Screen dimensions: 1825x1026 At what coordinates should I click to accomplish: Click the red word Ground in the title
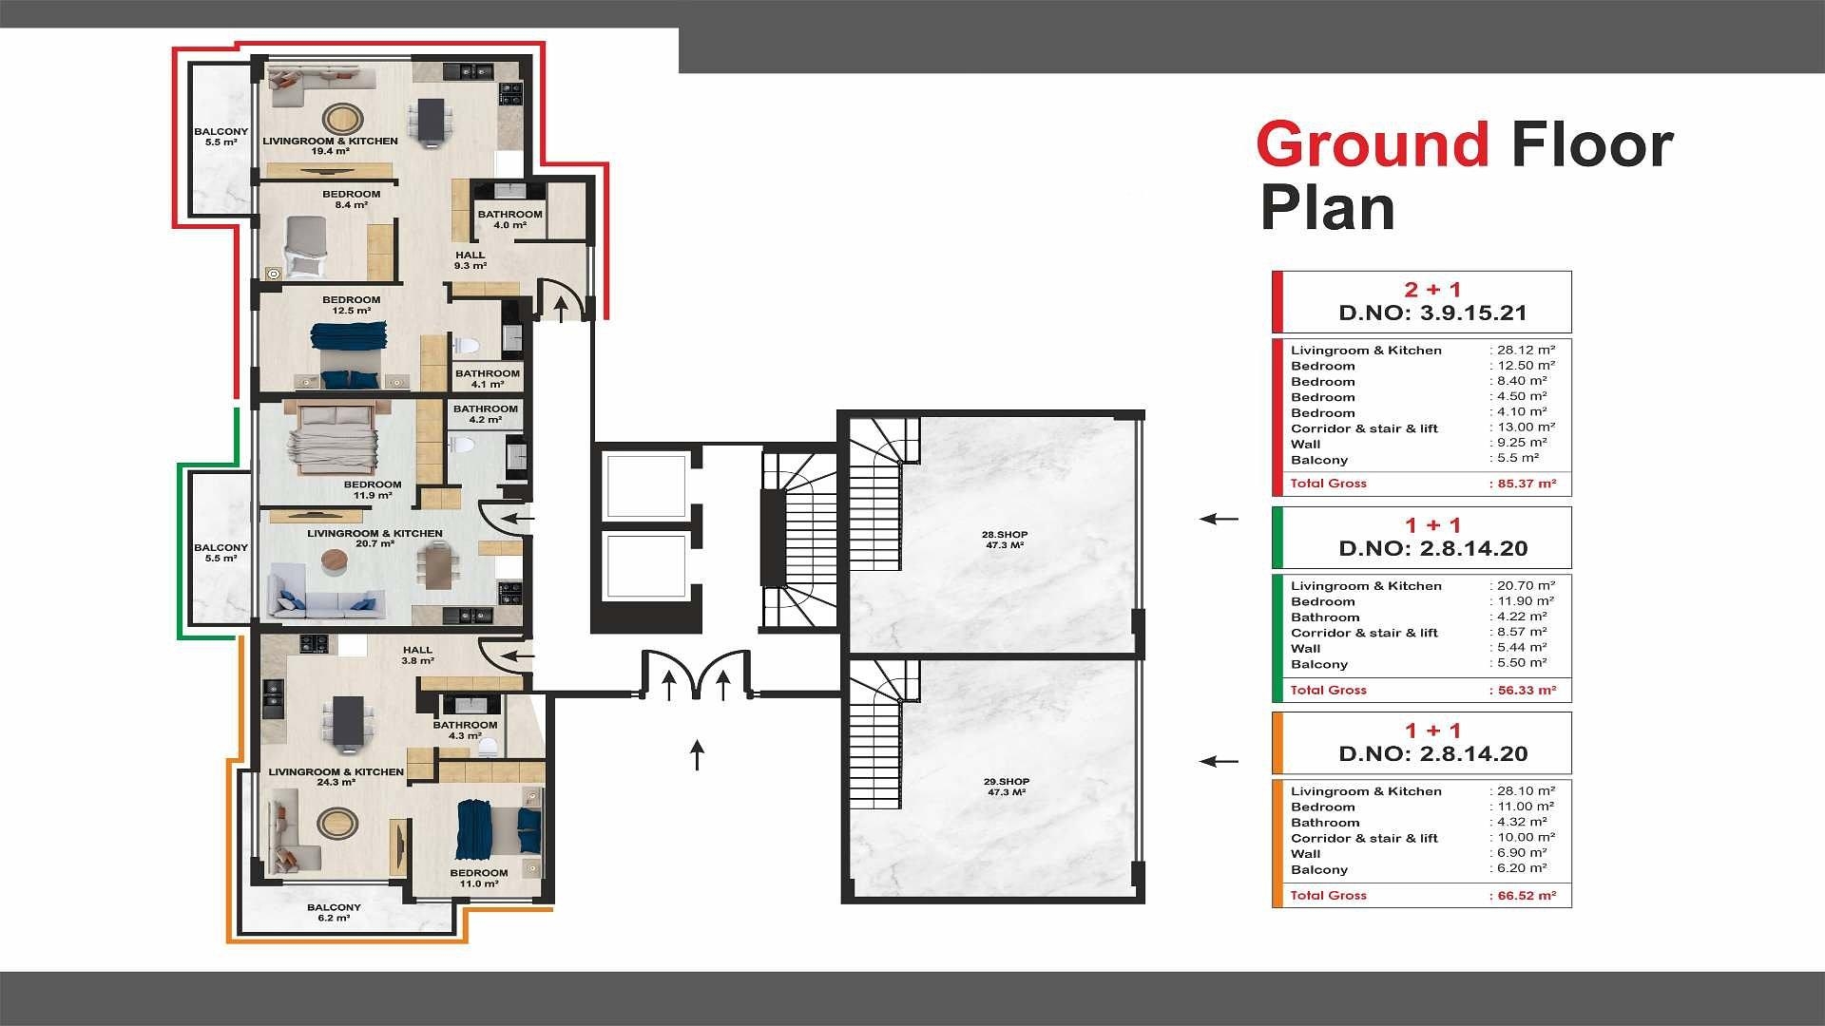[1373, 144]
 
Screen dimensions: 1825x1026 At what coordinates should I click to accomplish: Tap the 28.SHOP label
[1004, 540]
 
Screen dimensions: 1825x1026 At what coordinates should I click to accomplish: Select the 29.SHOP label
[1006, 787]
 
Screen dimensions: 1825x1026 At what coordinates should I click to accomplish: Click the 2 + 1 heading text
[1433, 290]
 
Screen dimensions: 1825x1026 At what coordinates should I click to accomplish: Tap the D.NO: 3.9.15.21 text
[1432, 313]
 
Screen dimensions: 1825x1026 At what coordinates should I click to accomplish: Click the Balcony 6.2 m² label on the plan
[335, 913]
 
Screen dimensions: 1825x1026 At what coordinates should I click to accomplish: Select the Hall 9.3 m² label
[471, 260]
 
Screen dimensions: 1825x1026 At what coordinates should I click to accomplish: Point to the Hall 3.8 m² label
[417, 655]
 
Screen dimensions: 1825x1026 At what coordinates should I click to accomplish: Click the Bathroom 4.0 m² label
[509, 219]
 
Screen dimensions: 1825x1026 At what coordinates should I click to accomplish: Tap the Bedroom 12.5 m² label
[351, 305]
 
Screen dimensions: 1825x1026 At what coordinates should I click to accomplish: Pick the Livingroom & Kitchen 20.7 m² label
[375, 539]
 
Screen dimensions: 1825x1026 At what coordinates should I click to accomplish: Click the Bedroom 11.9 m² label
[373, 489]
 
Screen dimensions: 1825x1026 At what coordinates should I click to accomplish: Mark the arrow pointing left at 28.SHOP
[1220, 519]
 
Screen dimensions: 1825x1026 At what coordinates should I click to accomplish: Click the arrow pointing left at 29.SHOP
[1220, 761]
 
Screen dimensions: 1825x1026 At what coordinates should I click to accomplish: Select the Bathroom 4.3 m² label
[465, 730]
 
